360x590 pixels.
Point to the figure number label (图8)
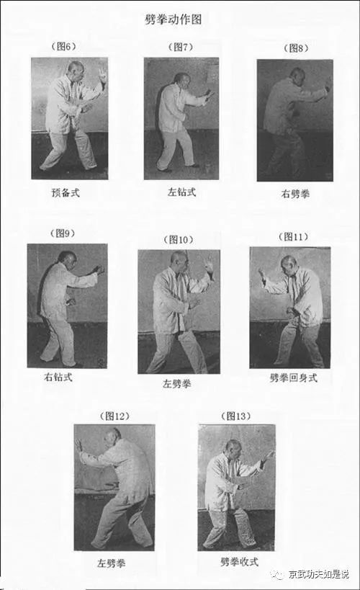coord(294,48)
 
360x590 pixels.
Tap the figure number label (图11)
coord(292,236)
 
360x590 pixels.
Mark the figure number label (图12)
coord(114,416)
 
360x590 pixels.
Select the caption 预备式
coord(70,192)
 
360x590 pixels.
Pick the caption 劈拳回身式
coord(292,378)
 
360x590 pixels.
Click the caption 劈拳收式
coord(239,560)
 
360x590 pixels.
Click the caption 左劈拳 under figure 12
coord(114,562)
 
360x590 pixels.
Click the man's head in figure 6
coord(76,69)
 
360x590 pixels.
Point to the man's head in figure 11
coord(288,263)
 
